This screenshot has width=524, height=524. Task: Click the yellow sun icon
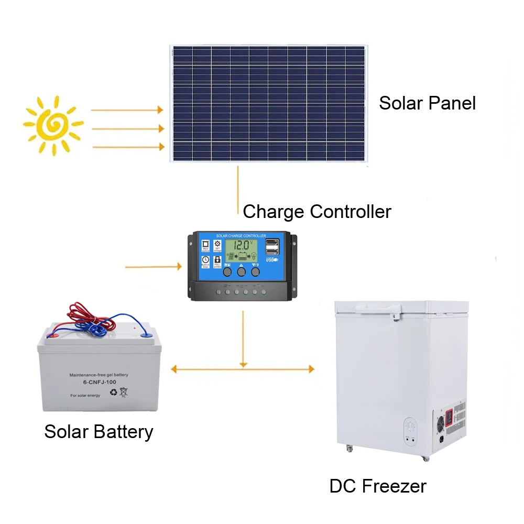[52, 124]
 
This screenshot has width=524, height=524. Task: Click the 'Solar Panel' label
[427, 103]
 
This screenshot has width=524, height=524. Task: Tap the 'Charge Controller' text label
[317, 212]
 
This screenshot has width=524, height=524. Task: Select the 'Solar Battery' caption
[99, 432]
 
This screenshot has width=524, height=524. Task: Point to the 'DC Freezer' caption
[378, 486]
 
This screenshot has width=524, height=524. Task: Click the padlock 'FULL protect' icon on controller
[217, 260]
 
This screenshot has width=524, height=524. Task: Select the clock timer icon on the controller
[205, 260]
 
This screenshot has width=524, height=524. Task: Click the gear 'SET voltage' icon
[217, 245]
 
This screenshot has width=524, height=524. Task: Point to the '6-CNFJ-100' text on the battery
[98, 383]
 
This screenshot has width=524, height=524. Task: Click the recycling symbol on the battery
[113, 391]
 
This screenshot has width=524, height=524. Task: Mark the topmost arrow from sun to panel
[127, 110]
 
